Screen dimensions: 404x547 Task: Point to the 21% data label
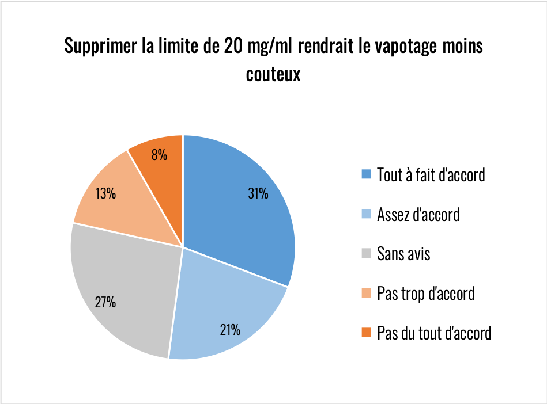(x=230, y=330)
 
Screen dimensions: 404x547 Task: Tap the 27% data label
(x=105, y=302)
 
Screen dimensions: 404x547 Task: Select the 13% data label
(x=106, y=194)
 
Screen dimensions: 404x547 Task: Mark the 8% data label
(x=159, y=154)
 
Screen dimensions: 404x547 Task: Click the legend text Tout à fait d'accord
(x=431, y=174)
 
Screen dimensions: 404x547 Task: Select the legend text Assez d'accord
(x=418, y=215)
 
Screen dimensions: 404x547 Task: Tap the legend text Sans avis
(x=403, y=253)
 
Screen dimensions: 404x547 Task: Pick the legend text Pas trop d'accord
(x=425, y=293)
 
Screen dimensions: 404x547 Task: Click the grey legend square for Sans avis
(x=366, y=253)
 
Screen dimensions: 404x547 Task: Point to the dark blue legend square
(x=366, y=174)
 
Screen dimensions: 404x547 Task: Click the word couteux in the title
(x=273, y=74)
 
